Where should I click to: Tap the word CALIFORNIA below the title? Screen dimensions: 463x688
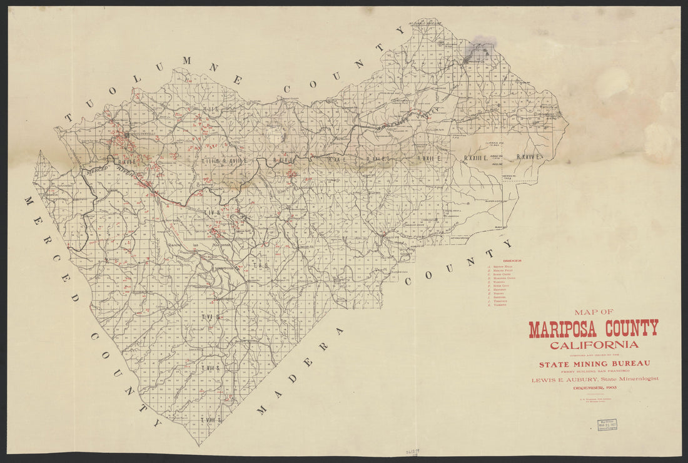(x=594, y=345)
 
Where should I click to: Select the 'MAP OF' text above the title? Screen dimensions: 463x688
(x=594, y=312)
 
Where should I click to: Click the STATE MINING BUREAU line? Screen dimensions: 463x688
(x=594, y=364)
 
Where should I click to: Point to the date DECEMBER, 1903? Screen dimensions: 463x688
(x=594, y=388)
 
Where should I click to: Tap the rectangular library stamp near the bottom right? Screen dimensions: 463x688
(x=606, y=425)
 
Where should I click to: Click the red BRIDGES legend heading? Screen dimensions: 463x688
(x=512, y=261)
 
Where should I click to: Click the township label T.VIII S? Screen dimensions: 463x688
(x=212, y=420)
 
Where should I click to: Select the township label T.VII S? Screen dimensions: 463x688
(x=211, y=368)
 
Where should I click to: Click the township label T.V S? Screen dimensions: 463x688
(x=260, y=265)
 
